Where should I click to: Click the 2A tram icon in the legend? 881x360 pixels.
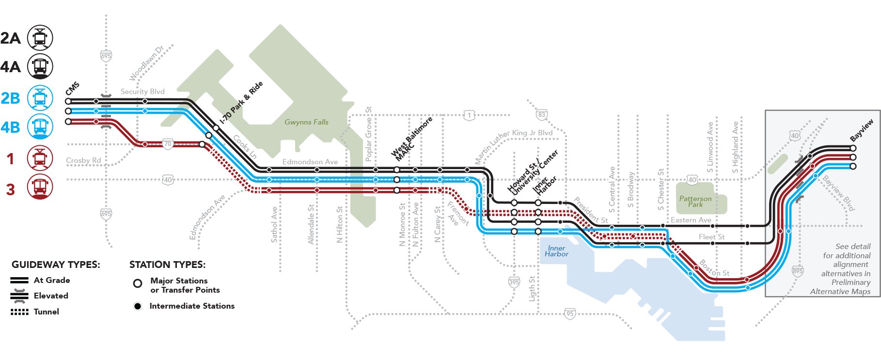point(40,38)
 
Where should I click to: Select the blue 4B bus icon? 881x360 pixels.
point(40,127)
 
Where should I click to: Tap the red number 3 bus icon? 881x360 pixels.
point(40,187)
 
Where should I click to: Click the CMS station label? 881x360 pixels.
point(72,89)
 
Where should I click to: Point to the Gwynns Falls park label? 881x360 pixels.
point(306,122)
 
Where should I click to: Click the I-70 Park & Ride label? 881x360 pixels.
point(241,102)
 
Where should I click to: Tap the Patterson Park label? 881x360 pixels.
point(695,202)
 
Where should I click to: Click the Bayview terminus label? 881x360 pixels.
point(862,130)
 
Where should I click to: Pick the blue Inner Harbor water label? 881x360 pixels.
point(556,251)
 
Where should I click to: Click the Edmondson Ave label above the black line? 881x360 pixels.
point(310,162)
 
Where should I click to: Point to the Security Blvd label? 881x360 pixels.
point(142,92)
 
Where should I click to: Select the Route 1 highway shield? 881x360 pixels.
point(469,115)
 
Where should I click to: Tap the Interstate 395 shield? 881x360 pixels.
point(514,282)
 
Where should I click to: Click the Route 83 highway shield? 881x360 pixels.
point(541,115)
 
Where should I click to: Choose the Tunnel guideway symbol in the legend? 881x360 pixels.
point(19,312)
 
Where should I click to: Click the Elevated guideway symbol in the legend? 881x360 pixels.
point(19,296)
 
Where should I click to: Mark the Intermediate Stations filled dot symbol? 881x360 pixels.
point(138,306)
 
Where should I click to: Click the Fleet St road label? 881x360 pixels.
point(711,237)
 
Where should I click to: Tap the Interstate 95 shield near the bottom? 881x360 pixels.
point(570,313)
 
